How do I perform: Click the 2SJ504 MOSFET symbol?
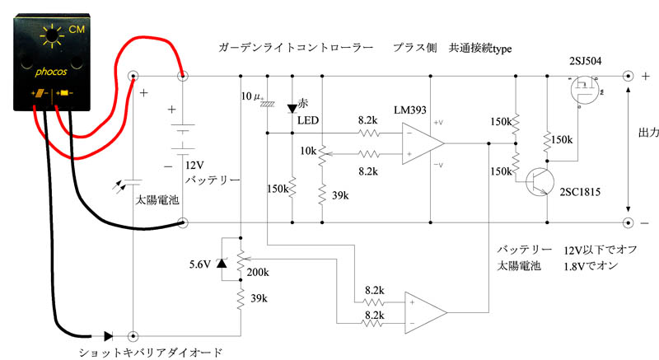pyautogui.click(x=585, y=90)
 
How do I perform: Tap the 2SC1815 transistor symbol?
pyautogui.click(x=540, y=182)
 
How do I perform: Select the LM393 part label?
pyautogui.click(x=409, y=110)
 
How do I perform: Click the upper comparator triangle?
pyautogui.click(x=423, y=143)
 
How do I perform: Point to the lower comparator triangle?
pyautogui.click(x=425, y=312)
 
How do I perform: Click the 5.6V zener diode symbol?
pyautogui.click(x=222, y=264)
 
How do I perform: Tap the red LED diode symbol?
pyautogui.click(x=292, y=109)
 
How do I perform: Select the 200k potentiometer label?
pyautogui.click(x=258, y=272)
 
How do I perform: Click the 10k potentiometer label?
pyautogui.click(x=308, y=151)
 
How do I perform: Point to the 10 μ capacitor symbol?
pyautogui.click(x=267, y=103)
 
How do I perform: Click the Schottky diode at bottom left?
pyautogui.click(x=109, y=336)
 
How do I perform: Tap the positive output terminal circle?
pyautogui.click(x=628, y=76)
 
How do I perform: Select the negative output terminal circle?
pyautogui.click(x=628, y=222)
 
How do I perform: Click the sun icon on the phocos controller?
pyautogui.click(x=52, y=36)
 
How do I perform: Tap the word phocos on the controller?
pyautogui.click(x=51, y=72)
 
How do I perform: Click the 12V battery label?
pyautogui.click(x=194, y=165)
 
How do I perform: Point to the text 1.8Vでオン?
pyautogui.click(x=591, y=266)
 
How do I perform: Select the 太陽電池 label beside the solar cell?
pyautogui.click(x=157, y=200)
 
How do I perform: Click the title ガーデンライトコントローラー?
pyautogui.click(x=296, y=48)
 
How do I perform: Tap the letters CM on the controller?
pyautogui.click(x=77, y=30)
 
